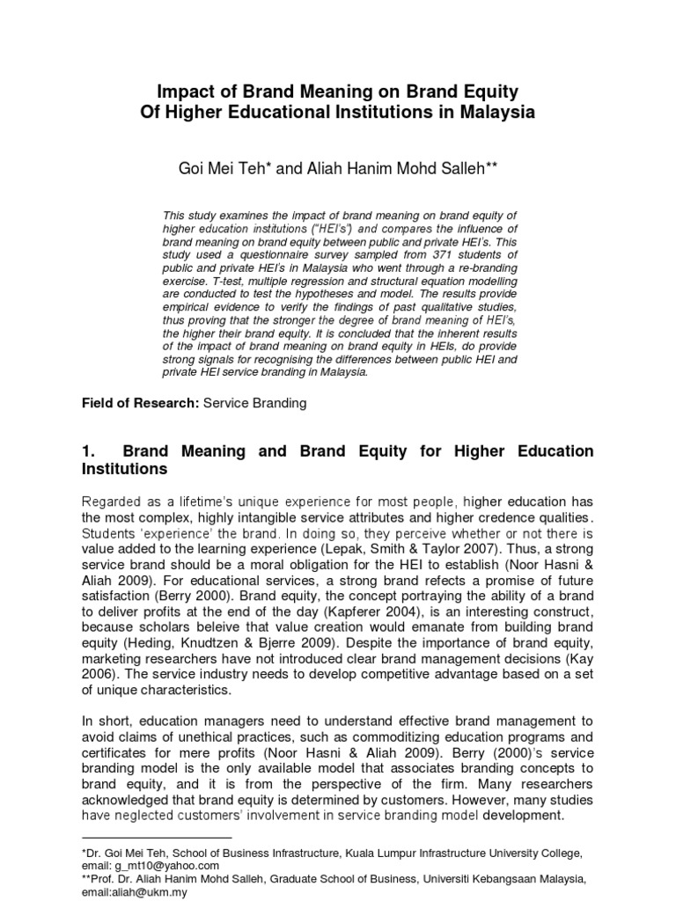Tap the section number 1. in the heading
coord(88,451)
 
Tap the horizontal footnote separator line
coord(156,839)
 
